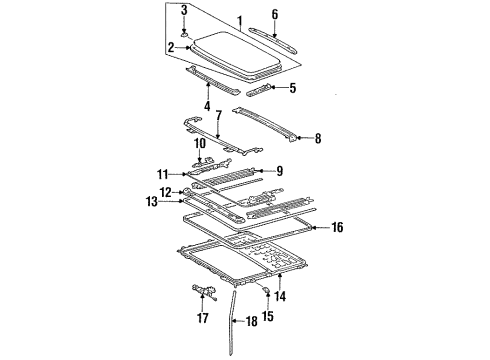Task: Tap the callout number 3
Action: click(x=183, y=10)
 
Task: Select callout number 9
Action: click(x=279, y=170)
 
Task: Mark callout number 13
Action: click(x=151, y=202)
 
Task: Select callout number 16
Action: click(x=336, y=228)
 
